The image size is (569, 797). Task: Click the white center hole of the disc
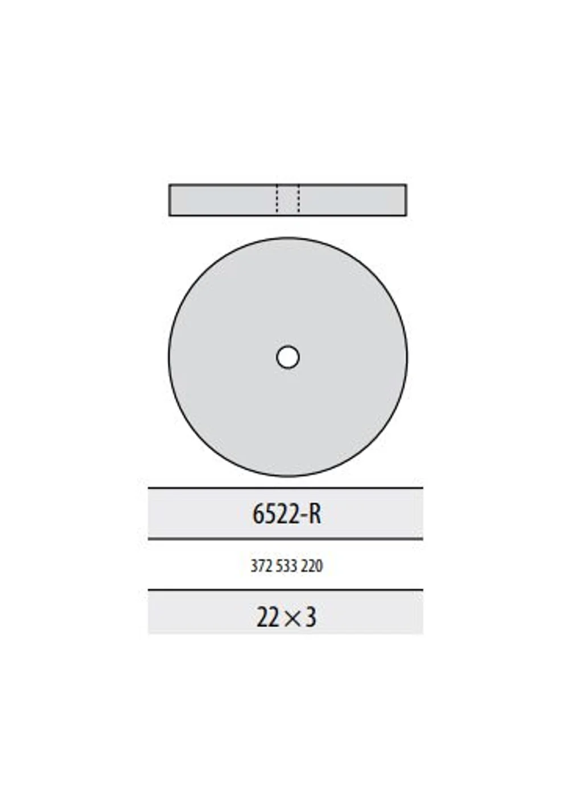point(288,358)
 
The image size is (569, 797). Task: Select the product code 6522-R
point(287,515)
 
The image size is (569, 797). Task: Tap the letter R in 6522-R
point(314,515)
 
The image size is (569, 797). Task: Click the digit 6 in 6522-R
point(257,515)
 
